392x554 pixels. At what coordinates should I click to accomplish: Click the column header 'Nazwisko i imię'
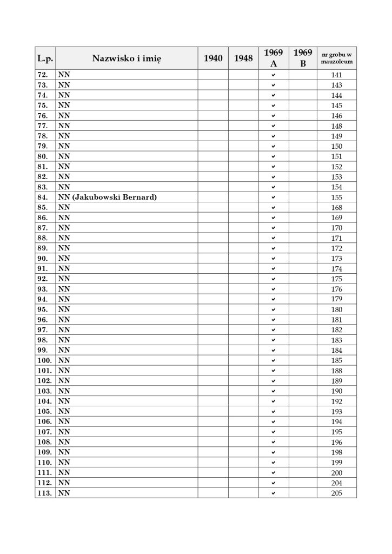pyautogui.click(x=127, y=58)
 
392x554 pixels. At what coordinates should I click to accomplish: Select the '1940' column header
pyautogui.click(x=213, y=58)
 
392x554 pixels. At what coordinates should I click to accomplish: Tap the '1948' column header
pyautogui.click(x=243, y=58)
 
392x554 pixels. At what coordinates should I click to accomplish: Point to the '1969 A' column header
pyautogui.click(x=274, y=58)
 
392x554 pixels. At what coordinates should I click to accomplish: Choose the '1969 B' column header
pyautogui.click(x=303, y=58)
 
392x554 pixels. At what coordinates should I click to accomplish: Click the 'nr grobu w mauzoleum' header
pyautogui.click(x=336, y=58)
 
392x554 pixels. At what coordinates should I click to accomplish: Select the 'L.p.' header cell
pyautogui.click(x=45, y=58)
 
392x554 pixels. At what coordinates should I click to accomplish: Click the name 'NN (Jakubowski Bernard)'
pyautogui.click(x=108, y=197)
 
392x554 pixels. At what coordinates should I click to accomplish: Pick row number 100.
pyautogui.click(x=45, y=360)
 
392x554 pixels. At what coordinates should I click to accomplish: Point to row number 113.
pyautogui.click(x=45, y=493)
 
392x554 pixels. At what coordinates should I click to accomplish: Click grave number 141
pyautogui.click(x=336, y=75)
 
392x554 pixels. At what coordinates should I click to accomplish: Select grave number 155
pyautogui.click(x=336, y=197)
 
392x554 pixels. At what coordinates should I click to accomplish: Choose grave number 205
pyautogui.click(x=336, y=493)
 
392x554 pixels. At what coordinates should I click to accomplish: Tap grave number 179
pyautogui.click(x=336, y=299)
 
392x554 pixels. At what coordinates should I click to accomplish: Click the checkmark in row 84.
pyautogui.click(x=274, y=197)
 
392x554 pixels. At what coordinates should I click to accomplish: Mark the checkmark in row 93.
pyautogui.click(x=274, y=289)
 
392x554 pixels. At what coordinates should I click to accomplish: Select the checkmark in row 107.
pyautogui.click(x=274, y=432)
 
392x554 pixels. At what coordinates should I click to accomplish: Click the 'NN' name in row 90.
pyautogui.click(x=64, y=259)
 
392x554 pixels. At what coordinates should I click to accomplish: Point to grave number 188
pyautogui.click(x=336, y=371)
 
